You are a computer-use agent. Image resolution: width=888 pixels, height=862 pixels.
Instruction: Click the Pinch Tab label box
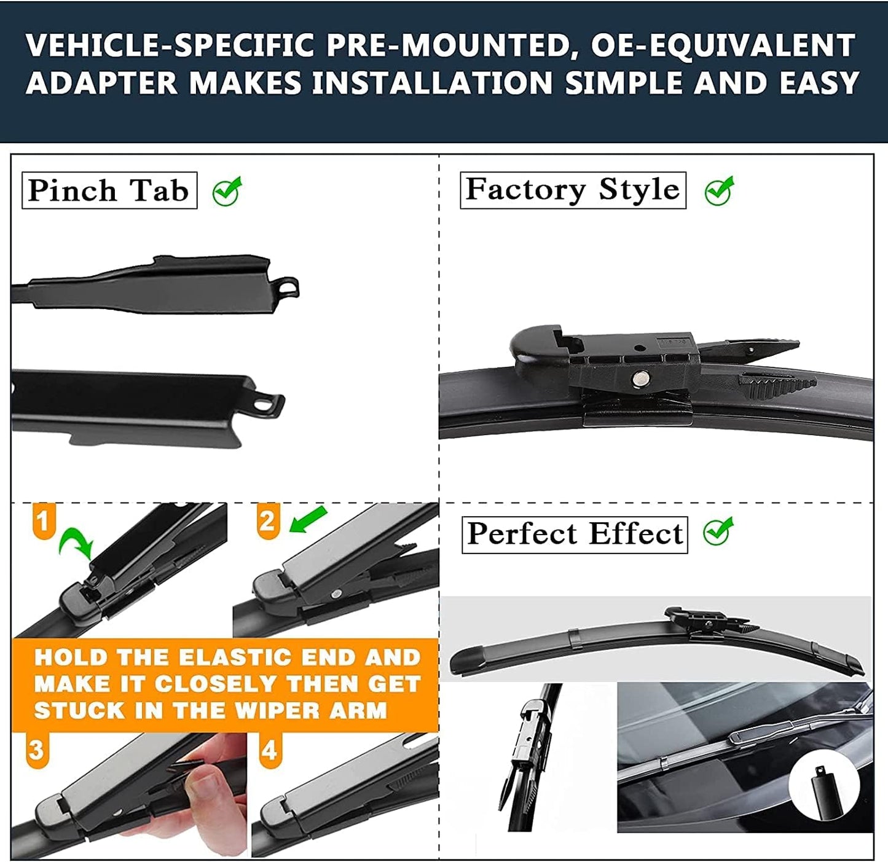coord(109,190)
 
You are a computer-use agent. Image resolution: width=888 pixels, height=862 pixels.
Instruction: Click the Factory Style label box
coord(573,190)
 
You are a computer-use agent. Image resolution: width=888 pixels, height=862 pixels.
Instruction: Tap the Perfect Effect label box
coord(575,535)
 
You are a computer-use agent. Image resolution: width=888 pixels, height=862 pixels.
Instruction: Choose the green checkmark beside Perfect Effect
coord(718,531)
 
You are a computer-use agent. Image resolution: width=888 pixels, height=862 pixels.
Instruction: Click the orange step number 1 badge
coord(43,521)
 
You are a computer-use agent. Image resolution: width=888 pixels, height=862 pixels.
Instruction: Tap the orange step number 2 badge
coord(268,521)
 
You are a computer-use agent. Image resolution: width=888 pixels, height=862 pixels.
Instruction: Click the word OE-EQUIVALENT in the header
coord(723,45)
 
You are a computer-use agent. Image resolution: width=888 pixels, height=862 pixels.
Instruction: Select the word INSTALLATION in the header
coord(433,84)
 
